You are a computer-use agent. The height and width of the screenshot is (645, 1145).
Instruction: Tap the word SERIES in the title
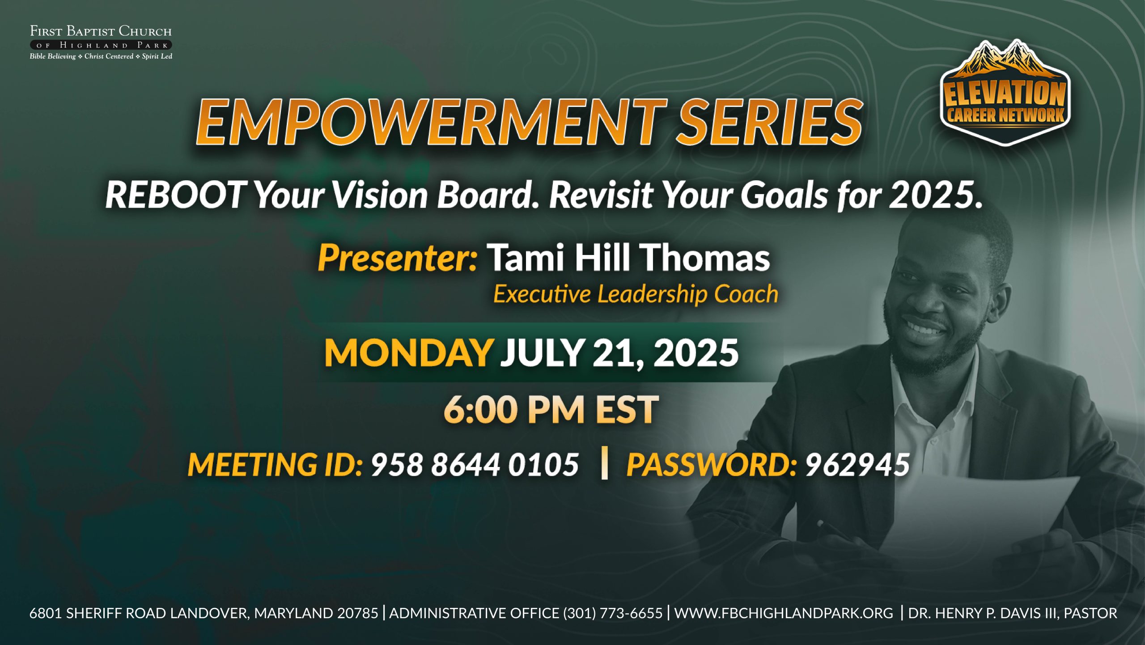click(770, 122)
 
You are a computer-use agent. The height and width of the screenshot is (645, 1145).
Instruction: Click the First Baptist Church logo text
click(101, 43)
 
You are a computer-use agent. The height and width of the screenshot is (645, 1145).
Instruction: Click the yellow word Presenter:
click(398, 258)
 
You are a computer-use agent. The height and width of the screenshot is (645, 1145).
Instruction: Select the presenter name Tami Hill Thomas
click(628, 258)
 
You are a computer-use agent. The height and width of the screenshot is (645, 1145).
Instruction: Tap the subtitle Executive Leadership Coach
click(636, 294)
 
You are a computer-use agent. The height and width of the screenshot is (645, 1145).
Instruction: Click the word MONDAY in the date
click(408, 353)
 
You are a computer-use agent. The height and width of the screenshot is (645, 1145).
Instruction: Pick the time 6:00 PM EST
click(551, 410)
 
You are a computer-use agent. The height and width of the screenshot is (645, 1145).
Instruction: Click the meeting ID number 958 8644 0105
click(475, 464)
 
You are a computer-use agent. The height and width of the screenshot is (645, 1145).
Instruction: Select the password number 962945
click(857, 464)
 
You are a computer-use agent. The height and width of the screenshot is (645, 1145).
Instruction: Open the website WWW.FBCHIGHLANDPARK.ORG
click(783, 613)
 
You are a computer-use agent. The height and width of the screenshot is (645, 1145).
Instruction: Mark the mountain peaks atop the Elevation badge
click(1005, 60)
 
